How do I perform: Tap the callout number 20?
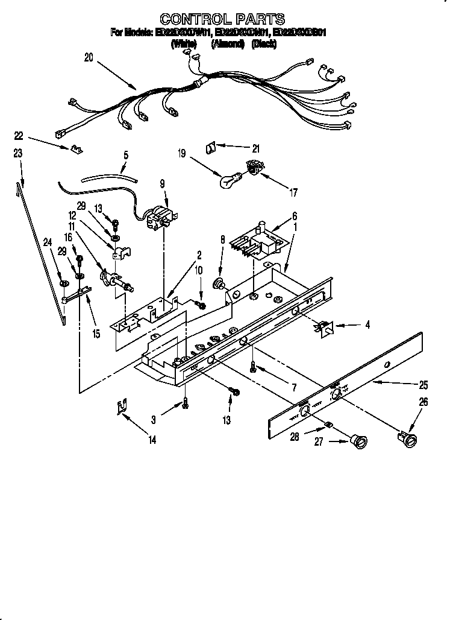pyautogui.click(x=89, y=58)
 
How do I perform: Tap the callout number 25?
pyautogui.click(x=423, y=384)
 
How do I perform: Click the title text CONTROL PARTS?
pyautogui.click(x=222, y=19)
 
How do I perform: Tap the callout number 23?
pyautogui.click(x=18, y=154)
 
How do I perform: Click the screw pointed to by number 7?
pyautogui.click(x=254, y=366)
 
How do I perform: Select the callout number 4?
pyautogui.click(x=367, y=325)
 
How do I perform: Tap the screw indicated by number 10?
pyautogui.click(x=201, y=306)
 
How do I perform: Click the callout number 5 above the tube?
pyautogui.click(x=125, y=154)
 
